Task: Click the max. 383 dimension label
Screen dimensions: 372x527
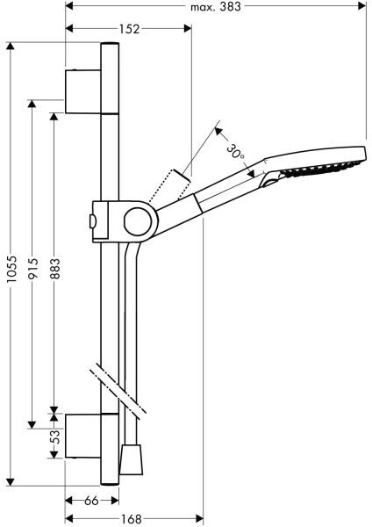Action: click(x=216, y=6)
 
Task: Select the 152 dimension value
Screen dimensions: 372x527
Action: click(x=129, y=29)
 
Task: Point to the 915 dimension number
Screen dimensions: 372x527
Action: click(x=32, y=268)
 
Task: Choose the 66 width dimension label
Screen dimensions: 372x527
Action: click(x=91, y=501)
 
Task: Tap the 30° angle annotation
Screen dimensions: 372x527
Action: click(x=235, y=151)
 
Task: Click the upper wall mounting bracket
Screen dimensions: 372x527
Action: click(x=83, y=91)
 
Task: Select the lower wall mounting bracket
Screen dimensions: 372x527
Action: click(x=83, y=436)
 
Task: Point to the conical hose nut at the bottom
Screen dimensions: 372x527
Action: click(x=131, y=459)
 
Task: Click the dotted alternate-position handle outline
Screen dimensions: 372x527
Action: click(x=169, y=185)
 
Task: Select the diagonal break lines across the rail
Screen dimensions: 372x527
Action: click(x=118, y=390)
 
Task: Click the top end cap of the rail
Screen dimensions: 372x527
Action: click(x=110, y=44)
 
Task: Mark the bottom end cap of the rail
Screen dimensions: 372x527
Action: click(x=110, y=484)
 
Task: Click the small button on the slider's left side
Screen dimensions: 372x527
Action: click(x=92, y=222)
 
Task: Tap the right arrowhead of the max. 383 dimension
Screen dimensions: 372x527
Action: click(x=362, y=6)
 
